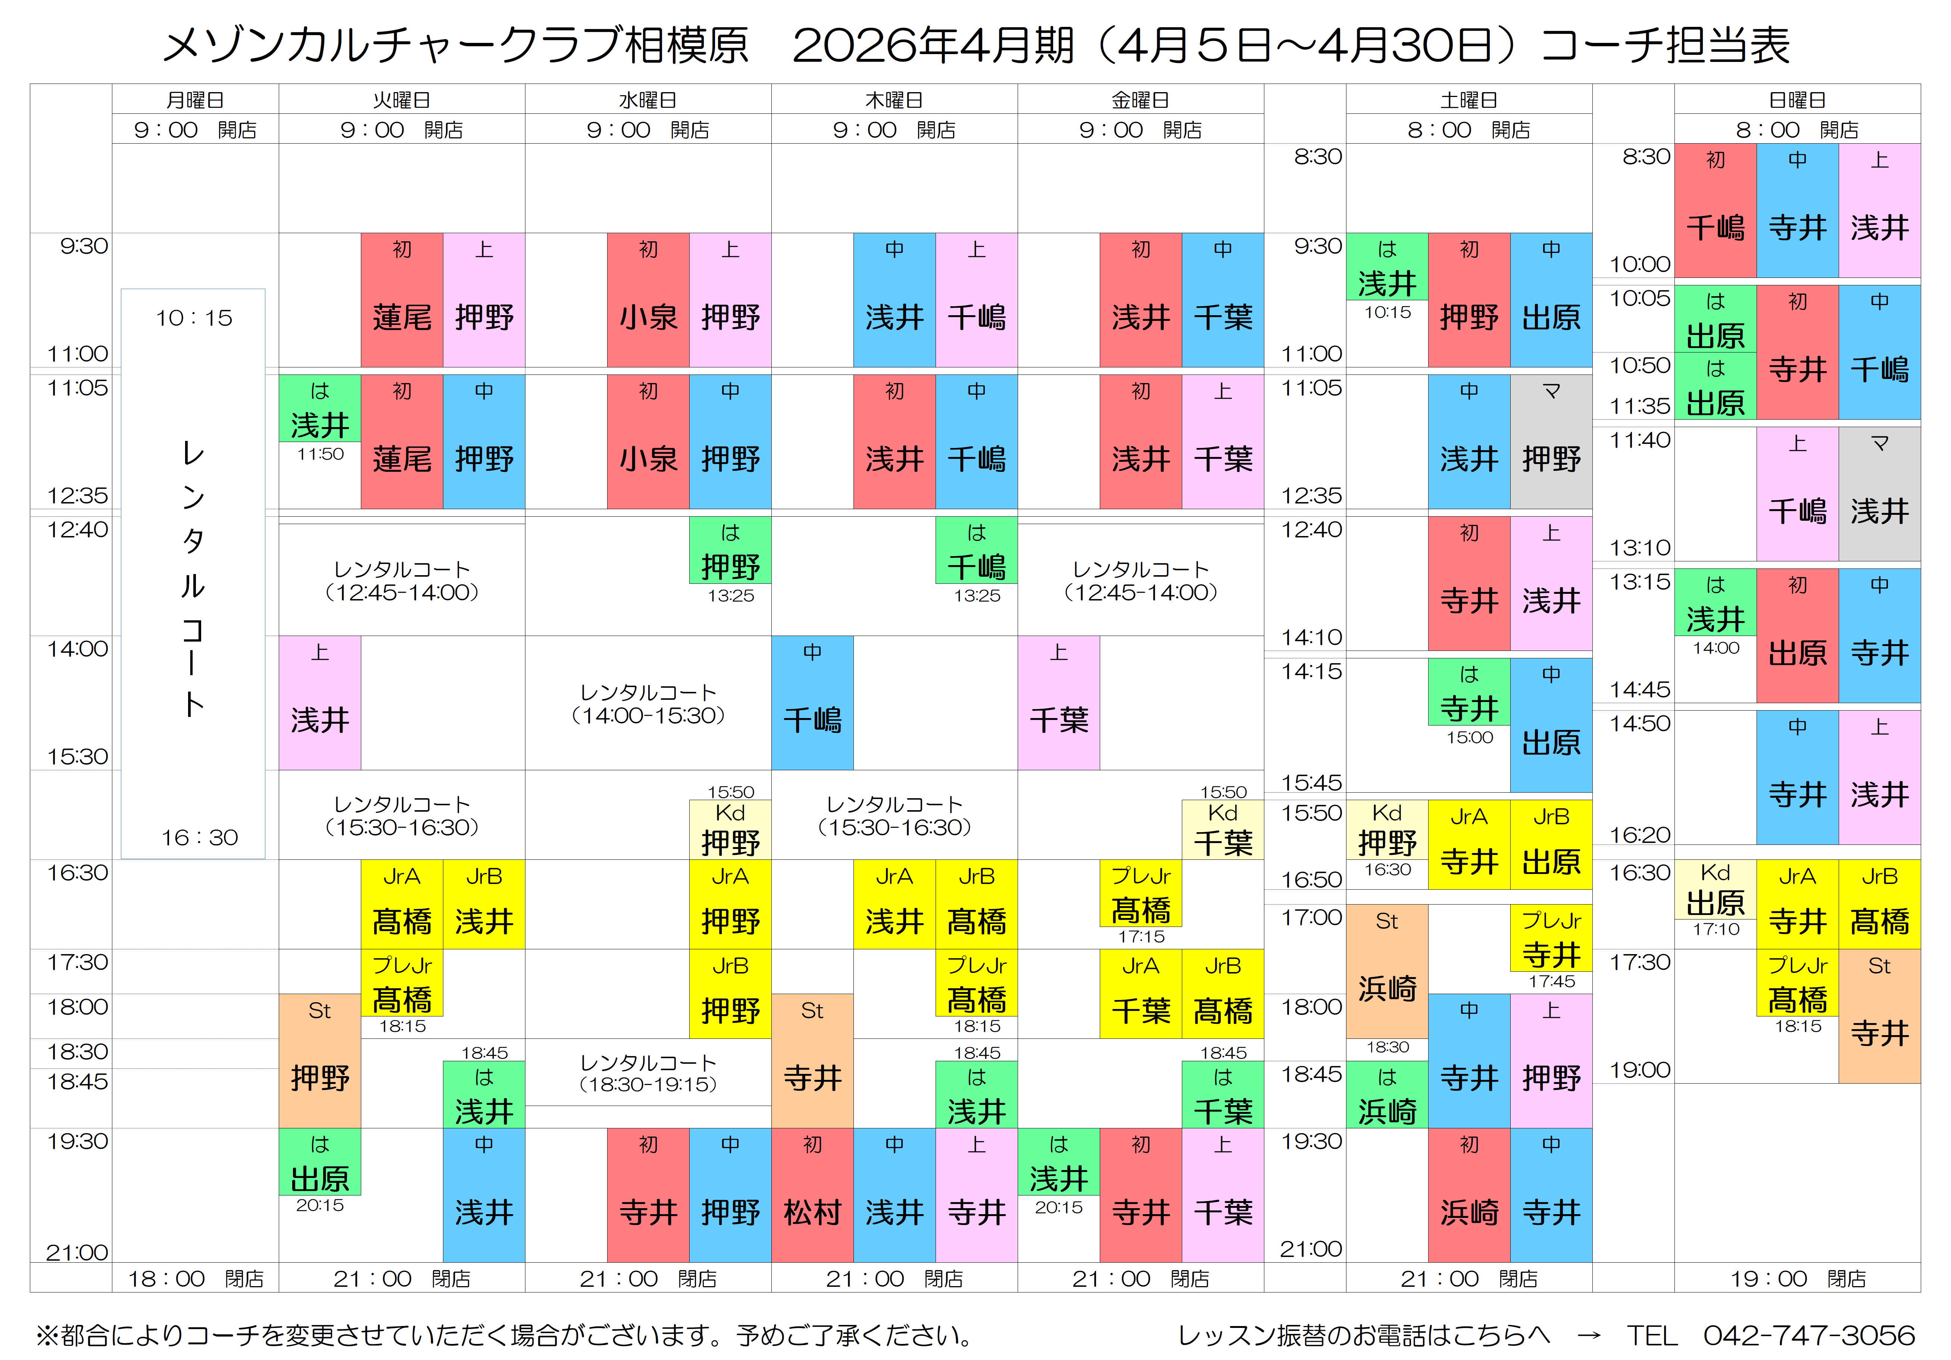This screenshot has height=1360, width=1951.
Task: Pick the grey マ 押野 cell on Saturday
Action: click(x=1551, y=442)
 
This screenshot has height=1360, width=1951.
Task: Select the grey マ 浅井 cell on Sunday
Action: click(x=1879, y=493)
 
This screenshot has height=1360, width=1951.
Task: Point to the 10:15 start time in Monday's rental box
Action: click(x=194, y=318)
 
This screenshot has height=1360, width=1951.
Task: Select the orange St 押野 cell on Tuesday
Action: click(x=319, y=1060)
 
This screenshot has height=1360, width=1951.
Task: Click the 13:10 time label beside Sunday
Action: click(x=1639, y=548)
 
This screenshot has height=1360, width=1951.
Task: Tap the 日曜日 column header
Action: click(x=1797, y=99)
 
